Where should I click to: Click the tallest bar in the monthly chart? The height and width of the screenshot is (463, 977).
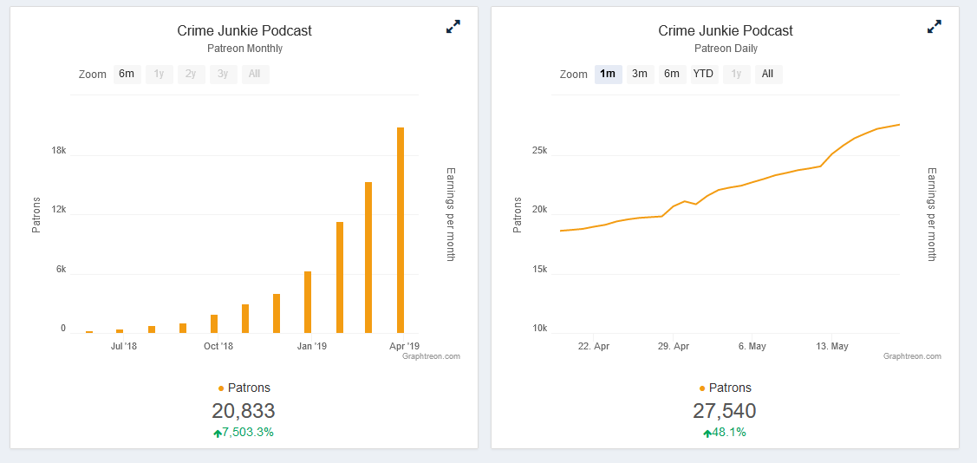(x=401, y=230)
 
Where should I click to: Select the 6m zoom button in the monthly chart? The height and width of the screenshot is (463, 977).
(x=127, y=74)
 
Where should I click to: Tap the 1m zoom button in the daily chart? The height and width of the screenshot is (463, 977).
(x=608, y=74)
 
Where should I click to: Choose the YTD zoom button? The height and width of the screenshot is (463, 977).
(x=703, y=74)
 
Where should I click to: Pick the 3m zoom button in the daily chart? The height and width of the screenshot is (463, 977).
(x=640, y=74)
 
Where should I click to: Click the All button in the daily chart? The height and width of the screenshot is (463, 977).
(x=767, y=74)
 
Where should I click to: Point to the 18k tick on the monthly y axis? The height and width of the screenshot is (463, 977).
(x=59, y=151)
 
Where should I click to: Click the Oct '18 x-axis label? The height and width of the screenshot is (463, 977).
(x=218, y=346)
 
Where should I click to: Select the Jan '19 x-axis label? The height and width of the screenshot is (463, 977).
(x=311, y=346)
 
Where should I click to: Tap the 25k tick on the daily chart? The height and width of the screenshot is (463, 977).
(x=539, y=151)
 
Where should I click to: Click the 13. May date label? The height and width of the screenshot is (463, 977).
(x=832, y=346)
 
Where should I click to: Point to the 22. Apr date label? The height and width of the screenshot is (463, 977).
(x=594, y=346)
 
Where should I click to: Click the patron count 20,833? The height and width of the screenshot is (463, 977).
(x=244, y=411)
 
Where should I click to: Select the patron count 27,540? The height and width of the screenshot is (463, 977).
(x=725, y=411)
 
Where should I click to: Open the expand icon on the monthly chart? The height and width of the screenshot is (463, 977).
(x=453, y=27)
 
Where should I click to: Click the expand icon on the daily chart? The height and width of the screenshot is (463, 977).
(x=934, y=27)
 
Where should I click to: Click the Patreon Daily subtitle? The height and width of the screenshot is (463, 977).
(x=726, y=49)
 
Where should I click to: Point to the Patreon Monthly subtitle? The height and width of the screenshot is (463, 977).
(x=244, y=49)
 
